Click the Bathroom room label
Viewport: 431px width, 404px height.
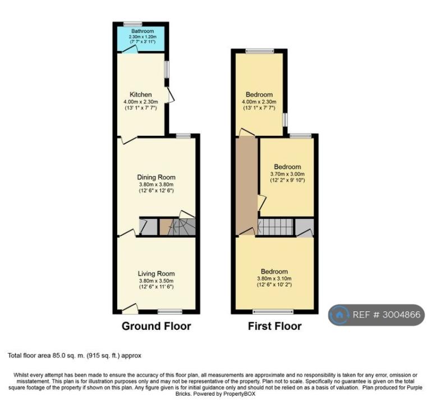[143, 31]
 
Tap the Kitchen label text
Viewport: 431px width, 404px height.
[140, 94]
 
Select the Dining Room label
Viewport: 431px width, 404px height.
[156, 177]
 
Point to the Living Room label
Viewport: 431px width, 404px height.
[156, 273]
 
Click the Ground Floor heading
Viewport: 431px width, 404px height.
[156, 326]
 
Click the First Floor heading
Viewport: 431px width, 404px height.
[274, 326]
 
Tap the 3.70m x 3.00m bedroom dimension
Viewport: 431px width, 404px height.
[287, 174]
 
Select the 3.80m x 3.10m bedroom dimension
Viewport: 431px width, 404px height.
[274, 278]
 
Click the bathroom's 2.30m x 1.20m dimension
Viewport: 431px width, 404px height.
[143, 36]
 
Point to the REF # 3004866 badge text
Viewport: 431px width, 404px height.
[386, 315]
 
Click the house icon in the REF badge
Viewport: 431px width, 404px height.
[339, 315]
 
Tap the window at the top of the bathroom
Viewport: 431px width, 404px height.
[131, 24]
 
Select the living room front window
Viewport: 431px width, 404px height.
[170, 311]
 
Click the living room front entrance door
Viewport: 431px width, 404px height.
[130, 309]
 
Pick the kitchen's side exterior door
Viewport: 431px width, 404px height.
[170, 95]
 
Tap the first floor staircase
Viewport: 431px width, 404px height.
[276, 227]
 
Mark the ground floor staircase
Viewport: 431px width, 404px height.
[181, 227]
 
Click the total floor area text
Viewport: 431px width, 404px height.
[75, 356]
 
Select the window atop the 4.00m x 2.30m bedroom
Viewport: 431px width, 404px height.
[260, 51]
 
